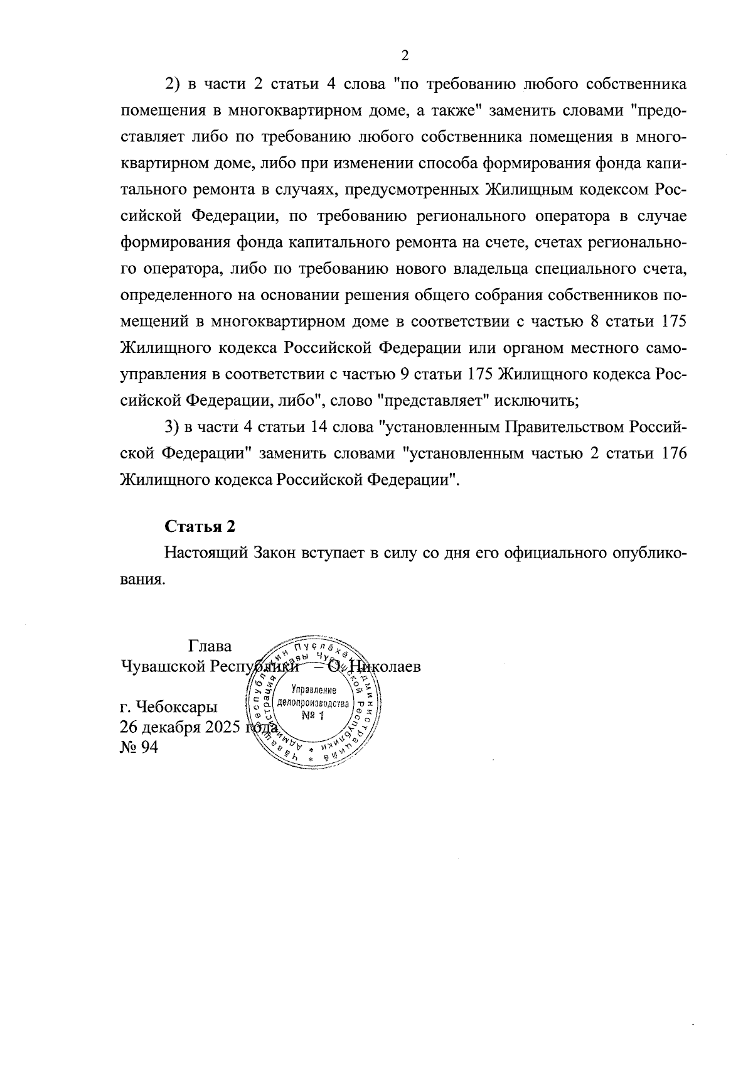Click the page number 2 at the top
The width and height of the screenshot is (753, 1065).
(405, 56)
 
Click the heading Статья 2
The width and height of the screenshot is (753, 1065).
(200, 526)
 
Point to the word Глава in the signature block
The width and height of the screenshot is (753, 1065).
(209, 646)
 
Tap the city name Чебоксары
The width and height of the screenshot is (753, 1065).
(177, 706)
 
